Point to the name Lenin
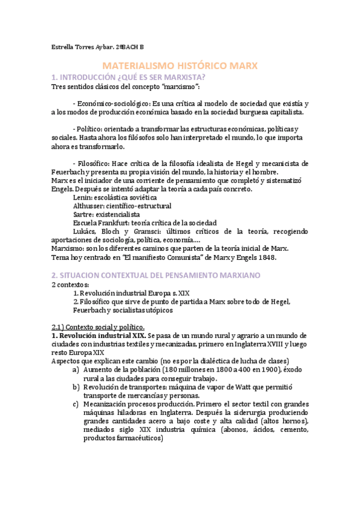pyautogui.click(x=82, y=197)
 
